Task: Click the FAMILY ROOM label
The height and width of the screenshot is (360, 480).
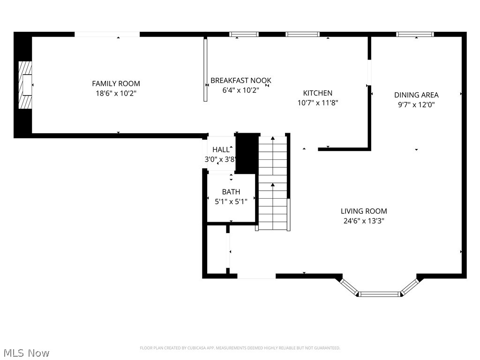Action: click(116, 83)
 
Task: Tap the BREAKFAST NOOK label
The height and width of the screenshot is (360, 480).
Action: click(240, 81)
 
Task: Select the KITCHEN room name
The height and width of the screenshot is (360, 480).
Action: click(317, 93)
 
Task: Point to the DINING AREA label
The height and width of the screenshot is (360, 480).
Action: click(416, 95)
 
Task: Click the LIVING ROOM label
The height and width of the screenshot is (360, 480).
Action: click(364, 211)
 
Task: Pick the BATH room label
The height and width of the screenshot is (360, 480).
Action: click(231, 192)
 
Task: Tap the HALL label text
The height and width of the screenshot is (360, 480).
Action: click(221, 150)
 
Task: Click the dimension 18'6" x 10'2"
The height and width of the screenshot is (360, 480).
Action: click(116, 93)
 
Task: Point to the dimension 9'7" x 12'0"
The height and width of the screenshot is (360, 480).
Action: click(416, 105)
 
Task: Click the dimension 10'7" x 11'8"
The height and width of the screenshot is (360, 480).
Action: click(317, 103)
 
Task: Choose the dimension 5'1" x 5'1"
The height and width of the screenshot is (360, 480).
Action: click(231, 201)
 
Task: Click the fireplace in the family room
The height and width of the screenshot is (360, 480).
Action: click(25, 85)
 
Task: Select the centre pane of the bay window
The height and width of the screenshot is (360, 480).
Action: click(378, 294)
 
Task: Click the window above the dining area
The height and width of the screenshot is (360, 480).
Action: click(415, 34)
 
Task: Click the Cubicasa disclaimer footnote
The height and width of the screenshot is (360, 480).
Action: click(240, 348)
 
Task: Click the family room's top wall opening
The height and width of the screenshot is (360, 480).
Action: click(107, 34)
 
